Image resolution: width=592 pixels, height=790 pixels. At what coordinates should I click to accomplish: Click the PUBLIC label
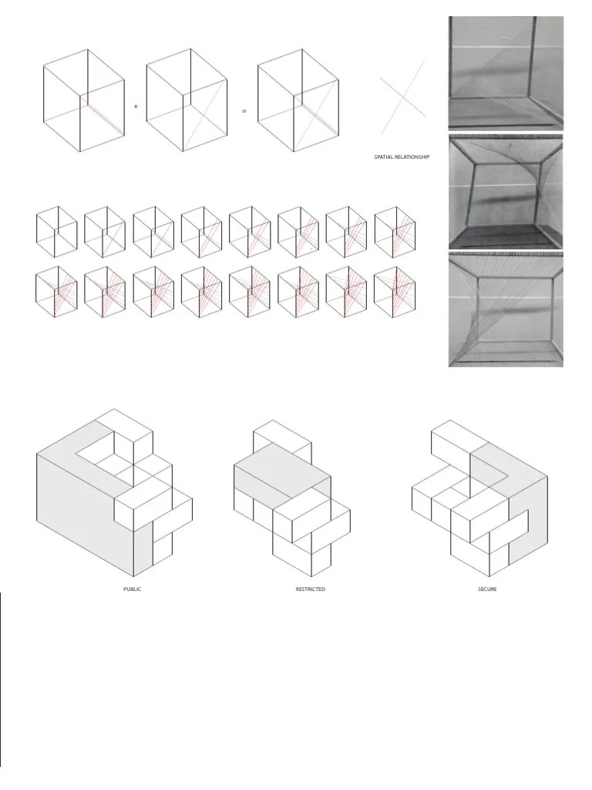(x=133, y=589)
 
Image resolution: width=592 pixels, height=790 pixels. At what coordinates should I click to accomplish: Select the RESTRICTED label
(x=310, y=589)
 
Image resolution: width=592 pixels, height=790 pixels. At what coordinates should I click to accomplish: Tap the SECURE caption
(x=486, y=589)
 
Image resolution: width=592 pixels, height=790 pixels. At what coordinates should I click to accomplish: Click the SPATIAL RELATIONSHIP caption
(x=402, y=157)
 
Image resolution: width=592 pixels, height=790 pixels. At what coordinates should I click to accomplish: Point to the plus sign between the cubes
(x=136, y=107)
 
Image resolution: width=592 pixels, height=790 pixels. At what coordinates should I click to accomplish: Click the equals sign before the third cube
(x=244, y=111)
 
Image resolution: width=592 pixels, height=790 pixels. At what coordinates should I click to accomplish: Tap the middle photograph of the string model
(x=506, y=190)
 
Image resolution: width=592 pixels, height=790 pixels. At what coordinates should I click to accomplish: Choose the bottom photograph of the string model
(x=506, y=309)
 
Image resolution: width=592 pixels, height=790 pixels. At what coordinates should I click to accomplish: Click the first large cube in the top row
(x=83, y=100)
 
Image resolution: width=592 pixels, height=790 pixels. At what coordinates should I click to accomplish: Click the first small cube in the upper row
(x=56, y=232)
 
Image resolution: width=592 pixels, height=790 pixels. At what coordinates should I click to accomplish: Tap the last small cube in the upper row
(x=395, y=232)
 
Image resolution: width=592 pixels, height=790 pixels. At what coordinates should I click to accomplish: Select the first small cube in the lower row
(x=56, y=292)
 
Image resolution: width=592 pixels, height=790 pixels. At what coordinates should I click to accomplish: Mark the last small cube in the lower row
(x=395, y=292)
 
